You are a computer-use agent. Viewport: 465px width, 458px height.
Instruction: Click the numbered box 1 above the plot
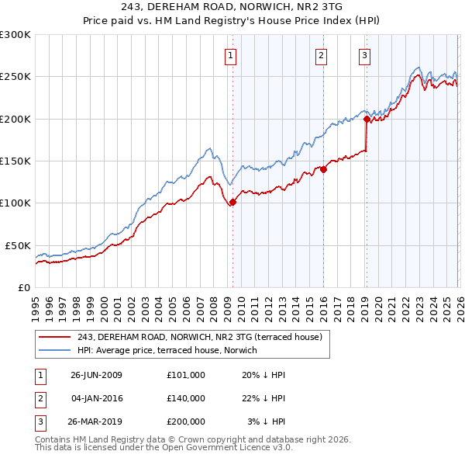[x=232, y=55]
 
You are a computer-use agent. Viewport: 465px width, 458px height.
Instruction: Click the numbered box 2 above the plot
[x=321, y=55]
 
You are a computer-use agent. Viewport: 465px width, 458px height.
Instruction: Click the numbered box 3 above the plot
[x=365, y=55]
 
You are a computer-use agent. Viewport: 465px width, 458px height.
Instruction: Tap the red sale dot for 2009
[x=232, y=203]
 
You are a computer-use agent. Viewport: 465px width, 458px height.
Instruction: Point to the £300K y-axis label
[x=15, y=35]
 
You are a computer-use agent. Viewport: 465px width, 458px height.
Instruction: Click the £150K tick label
[x=15, y=161]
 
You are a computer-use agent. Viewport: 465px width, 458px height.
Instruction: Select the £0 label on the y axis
[x=24, y=287]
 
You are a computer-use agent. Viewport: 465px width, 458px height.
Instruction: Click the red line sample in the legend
[x=55, y=336]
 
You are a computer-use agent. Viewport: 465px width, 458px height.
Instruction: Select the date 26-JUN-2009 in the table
[x=96, y=375]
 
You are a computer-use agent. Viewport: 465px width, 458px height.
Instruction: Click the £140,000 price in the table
[x=186, y=398]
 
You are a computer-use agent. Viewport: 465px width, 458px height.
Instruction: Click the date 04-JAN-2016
[x=96, y=398]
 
